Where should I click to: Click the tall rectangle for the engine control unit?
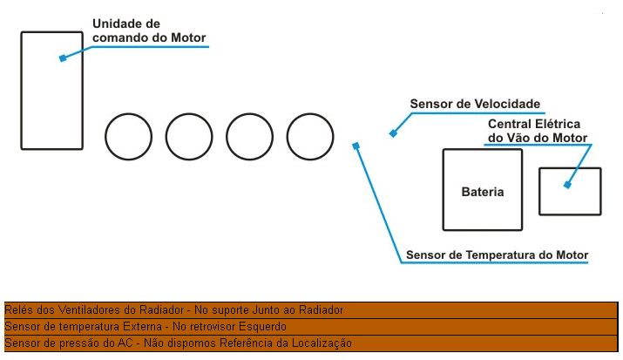21,91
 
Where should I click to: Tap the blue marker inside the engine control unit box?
63,58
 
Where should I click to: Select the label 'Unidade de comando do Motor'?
149,31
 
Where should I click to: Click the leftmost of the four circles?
105,137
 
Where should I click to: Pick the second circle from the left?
166,137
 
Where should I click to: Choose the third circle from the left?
227,137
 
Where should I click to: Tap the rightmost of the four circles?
287,137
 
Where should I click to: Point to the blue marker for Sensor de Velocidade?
393,133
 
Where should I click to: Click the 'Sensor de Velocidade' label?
475,104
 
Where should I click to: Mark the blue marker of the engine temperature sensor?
356,146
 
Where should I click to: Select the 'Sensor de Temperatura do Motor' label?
497,255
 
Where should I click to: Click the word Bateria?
483,192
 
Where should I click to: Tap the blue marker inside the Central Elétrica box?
567,185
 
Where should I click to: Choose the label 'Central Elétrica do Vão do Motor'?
538,131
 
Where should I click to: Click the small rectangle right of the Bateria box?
539,192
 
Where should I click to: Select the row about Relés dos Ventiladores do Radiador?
311,310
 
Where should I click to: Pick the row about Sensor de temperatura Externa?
311,327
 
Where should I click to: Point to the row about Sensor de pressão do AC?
311,343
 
